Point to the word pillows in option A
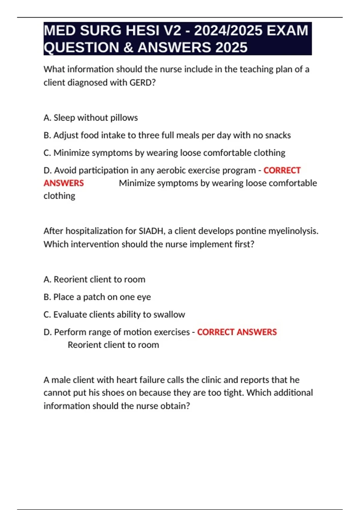coord(124,118)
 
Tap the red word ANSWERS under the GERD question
coord(64,183)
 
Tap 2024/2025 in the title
coord(228,31)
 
